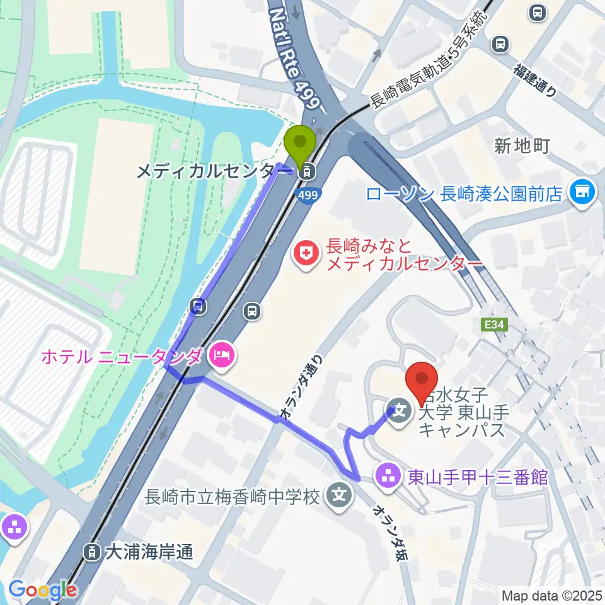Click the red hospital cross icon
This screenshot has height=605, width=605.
307,255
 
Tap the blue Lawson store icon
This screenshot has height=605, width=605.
580,192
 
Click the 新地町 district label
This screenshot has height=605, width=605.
522,146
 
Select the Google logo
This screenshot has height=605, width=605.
42,591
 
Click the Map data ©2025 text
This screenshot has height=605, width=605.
552,595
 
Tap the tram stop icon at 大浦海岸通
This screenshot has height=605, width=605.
92,553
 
